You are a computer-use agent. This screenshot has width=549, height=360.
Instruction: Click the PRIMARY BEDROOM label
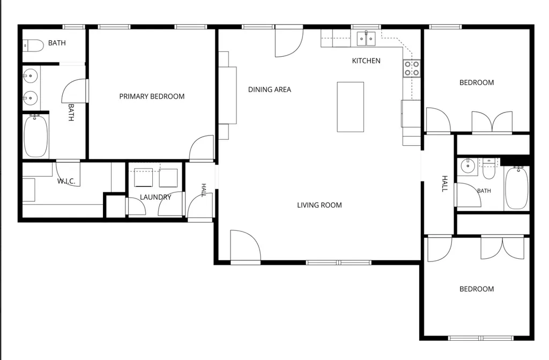click(152, 96)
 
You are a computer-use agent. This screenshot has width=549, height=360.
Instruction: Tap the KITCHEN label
click(366, 61)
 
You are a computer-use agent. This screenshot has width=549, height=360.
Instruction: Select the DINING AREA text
click(270, 89)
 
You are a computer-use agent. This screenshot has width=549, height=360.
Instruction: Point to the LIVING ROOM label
click(320, 205)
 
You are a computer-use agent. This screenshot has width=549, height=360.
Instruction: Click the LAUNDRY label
click(155, 197)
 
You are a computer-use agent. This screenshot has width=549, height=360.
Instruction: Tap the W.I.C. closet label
click(66, 181)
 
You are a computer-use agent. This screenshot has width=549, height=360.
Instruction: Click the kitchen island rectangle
click(350, 107)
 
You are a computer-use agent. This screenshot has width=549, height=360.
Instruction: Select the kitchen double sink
click(366, 39)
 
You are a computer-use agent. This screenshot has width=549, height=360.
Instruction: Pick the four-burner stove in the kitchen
click(412, 68)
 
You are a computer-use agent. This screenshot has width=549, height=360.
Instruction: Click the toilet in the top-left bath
click(33, 46)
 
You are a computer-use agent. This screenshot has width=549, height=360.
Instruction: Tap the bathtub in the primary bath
click(35, 136)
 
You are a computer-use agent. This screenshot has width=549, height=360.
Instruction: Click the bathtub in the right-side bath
click(517, 188)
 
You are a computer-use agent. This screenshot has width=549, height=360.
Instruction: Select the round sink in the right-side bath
click(467, 166)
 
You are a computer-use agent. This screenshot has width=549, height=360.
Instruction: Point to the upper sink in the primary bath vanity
click(31, 75)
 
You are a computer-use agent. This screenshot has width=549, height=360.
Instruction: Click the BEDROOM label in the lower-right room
click(477, 289)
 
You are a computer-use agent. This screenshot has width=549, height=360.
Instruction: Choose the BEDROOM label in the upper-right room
click(477, 82)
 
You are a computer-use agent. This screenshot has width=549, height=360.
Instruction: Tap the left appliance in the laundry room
click(144, 178)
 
